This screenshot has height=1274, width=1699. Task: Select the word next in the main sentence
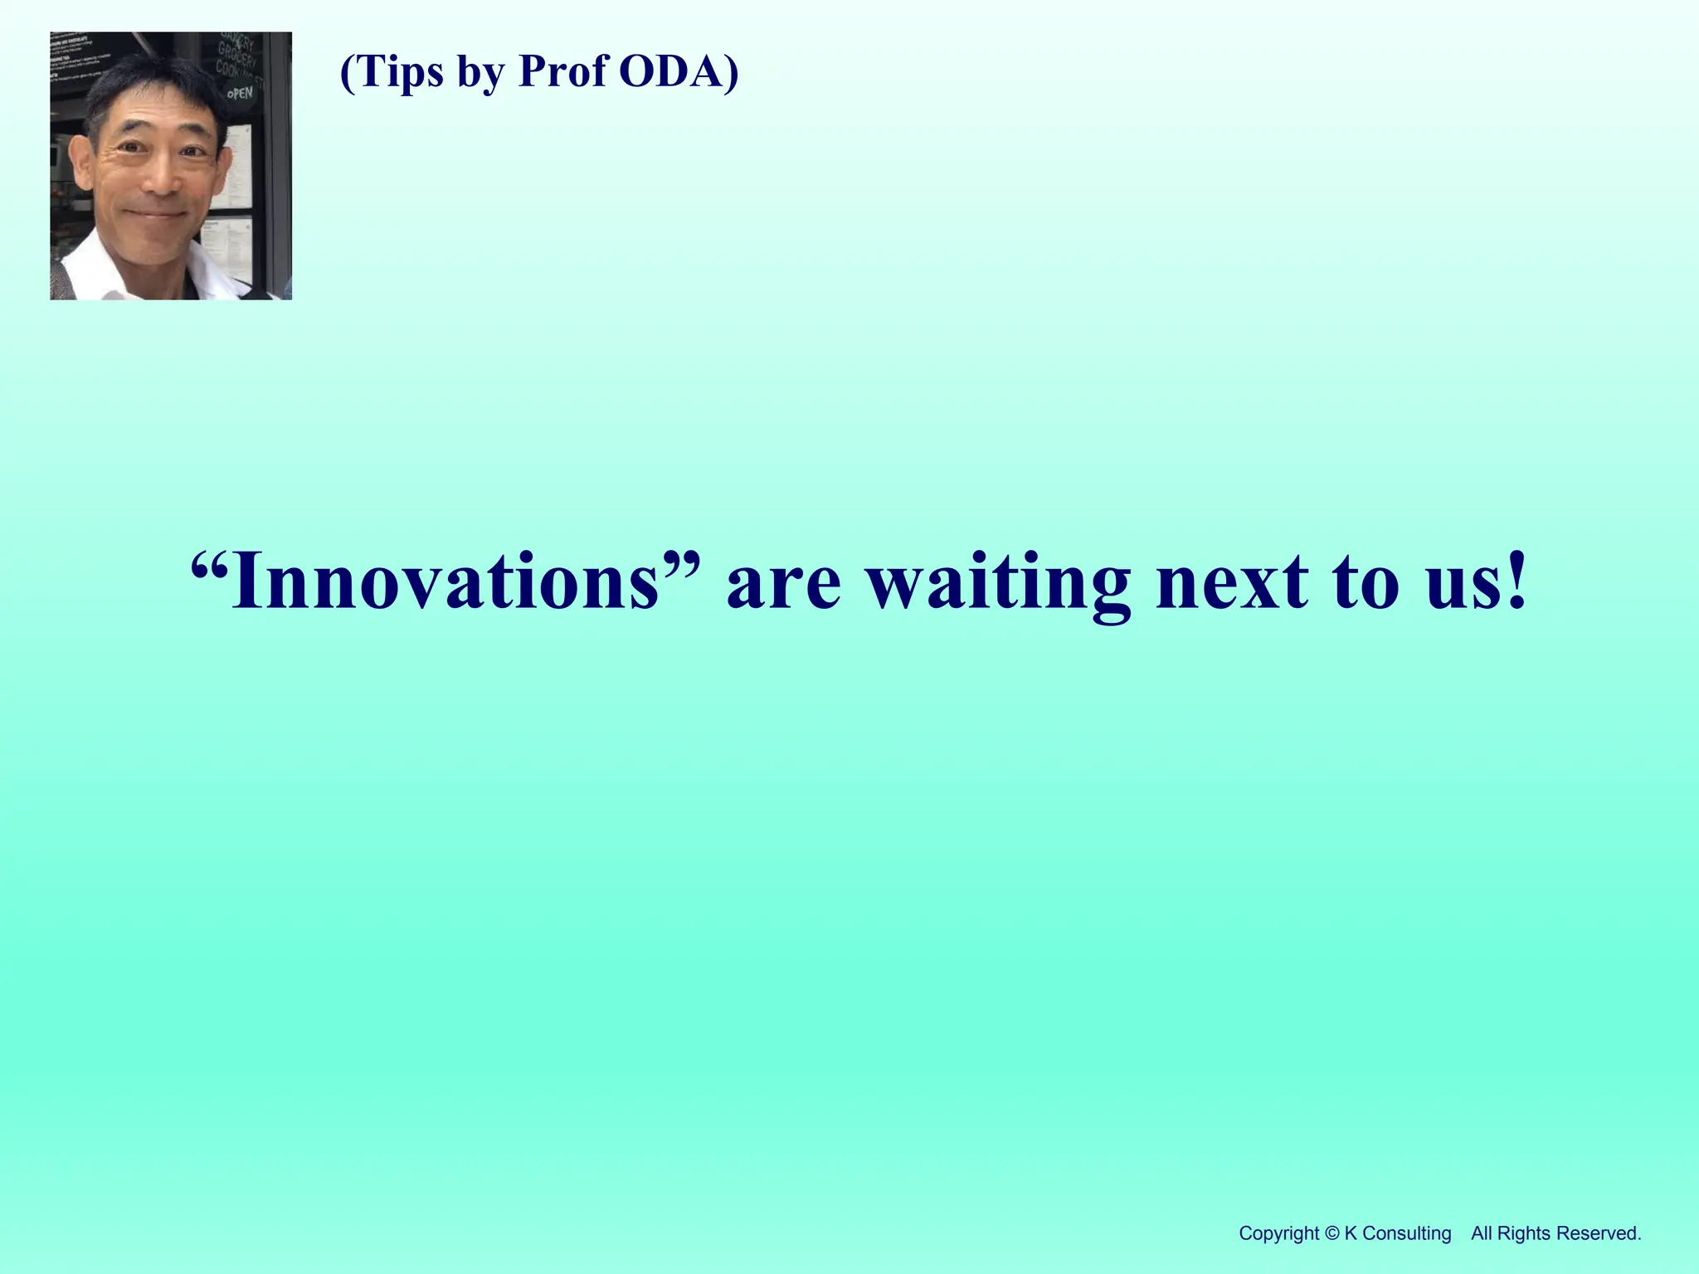point(1232,583)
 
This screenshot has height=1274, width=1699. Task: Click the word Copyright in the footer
point(1278,1233)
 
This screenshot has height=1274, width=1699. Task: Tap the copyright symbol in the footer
point(1331,1233)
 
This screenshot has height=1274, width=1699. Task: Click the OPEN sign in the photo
point(240,93)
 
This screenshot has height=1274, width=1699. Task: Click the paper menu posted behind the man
point(238,166)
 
